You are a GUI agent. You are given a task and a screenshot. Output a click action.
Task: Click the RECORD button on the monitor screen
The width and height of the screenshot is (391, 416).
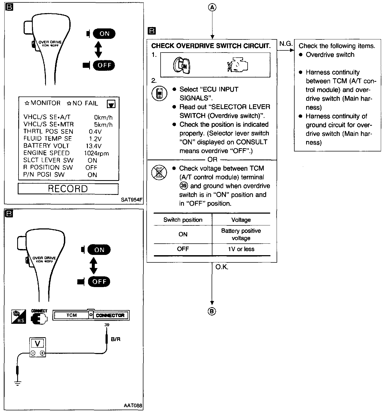[68, 189]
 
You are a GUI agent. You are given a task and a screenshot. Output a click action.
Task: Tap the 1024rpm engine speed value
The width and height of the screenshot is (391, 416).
[96, 153]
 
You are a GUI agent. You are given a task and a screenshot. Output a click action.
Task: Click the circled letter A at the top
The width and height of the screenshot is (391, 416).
[212, 8]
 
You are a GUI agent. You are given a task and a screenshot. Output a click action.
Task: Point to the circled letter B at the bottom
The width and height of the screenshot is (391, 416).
[212, 311]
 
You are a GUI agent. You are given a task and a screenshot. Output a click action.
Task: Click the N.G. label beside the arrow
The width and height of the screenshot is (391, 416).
[286, 44]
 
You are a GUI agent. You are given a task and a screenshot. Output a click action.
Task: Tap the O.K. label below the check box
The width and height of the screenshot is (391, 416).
[222, 267]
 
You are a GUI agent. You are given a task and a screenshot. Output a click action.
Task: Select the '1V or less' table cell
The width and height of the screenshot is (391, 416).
[241, 249]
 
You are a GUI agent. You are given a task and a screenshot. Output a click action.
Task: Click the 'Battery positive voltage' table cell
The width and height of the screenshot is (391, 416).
[241, 234]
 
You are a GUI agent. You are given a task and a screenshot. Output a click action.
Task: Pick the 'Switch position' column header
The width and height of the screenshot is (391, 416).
[183, 220]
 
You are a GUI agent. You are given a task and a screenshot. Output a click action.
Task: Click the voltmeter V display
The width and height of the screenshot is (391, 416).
[38, 344]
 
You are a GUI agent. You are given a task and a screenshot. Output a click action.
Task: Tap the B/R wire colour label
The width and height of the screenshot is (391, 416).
[115, 339]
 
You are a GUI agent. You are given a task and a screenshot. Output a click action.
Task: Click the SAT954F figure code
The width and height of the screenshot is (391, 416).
[132, 200]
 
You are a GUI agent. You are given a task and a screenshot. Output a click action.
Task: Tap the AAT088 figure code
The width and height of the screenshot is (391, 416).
[133, 406]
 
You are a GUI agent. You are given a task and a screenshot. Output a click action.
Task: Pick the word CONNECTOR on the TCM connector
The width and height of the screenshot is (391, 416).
[110, 315]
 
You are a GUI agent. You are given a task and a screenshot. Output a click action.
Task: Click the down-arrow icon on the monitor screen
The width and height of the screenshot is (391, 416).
[111, 104]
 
